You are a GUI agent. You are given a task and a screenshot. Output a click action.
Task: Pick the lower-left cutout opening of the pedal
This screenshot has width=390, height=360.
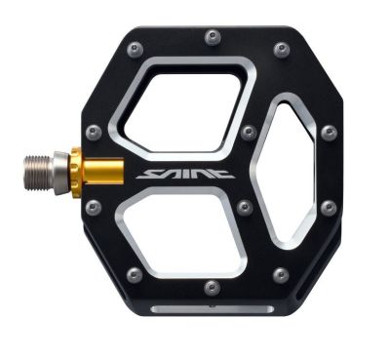pos(185,231)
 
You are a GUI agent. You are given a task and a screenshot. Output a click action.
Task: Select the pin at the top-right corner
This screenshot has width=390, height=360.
pos(281,49)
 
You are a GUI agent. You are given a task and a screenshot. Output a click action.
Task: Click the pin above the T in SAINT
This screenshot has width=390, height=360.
pos(247,131)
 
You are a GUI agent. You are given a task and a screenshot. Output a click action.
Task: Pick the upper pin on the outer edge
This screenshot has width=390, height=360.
pos(329,131)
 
